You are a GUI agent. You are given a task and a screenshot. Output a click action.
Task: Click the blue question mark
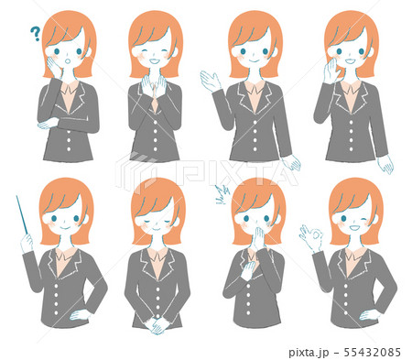(36, 34)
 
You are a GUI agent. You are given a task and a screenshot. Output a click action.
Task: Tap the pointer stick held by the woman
(22, 215)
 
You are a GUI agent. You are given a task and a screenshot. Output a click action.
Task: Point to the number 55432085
(372, 352)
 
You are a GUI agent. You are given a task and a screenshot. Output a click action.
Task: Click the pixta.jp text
(309, 353)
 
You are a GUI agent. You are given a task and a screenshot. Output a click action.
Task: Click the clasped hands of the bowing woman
(156, 325)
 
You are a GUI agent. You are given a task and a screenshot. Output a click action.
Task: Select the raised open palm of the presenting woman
(210, 80)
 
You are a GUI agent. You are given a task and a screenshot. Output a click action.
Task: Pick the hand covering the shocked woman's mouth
(258, 236)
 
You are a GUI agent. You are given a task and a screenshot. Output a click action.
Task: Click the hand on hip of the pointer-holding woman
(79, 314)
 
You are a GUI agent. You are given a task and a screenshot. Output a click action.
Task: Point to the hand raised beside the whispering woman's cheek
(331, 71)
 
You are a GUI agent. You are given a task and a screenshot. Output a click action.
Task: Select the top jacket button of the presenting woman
(255, 122)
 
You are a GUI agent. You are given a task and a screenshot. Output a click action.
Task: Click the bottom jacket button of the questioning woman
(69, 149)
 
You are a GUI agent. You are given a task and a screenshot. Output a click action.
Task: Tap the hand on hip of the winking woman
(369, 315)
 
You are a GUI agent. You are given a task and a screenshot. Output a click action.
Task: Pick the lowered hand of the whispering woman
(385, 164)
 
